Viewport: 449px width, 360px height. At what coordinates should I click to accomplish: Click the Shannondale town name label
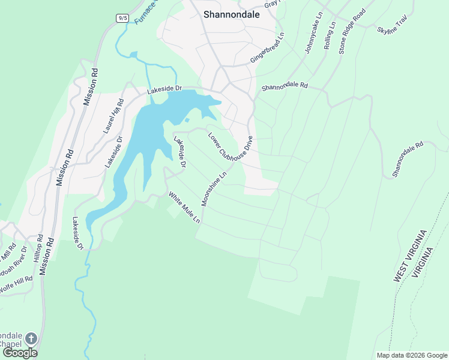point(231,15)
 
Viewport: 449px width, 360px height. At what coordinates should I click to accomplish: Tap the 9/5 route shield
point(122,18)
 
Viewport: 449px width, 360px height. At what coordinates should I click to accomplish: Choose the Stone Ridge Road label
point(352,32)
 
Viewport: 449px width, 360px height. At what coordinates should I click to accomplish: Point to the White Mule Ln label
point(184,207)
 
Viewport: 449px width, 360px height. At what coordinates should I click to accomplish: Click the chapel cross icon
point(31,339)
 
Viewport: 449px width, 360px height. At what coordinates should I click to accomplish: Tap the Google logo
point(20,353)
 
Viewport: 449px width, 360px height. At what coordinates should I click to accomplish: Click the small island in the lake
point(187,121)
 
